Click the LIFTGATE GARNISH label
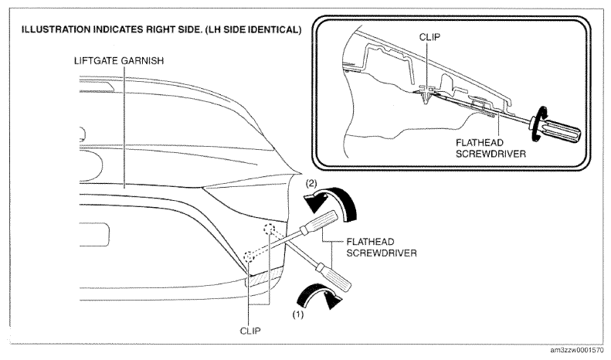(x=119, y=61)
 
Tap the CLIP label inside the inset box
(x=429, y=37)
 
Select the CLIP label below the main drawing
(x=250, y=331)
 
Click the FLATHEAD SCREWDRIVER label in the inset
(x=490, y=148)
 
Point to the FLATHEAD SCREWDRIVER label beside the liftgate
(x=382, y=247)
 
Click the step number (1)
(x=298, y=314)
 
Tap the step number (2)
(x=311, y=183)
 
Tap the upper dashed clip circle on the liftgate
(x=269, y=230)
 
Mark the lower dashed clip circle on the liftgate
(x=249, y=257)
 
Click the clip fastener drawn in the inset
(x=427, y=95)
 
